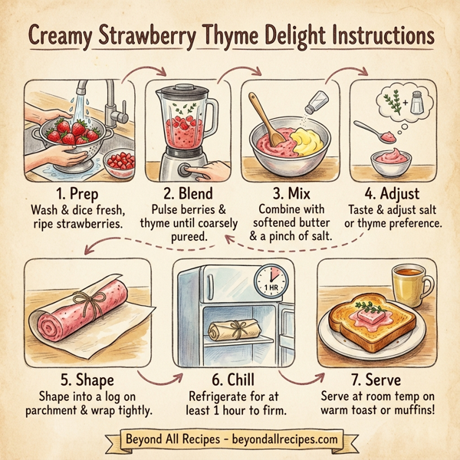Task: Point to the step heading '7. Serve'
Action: (x=376, y=378)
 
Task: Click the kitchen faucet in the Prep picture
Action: (x=115, y=103)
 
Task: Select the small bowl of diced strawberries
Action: (x=121, y=163)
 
